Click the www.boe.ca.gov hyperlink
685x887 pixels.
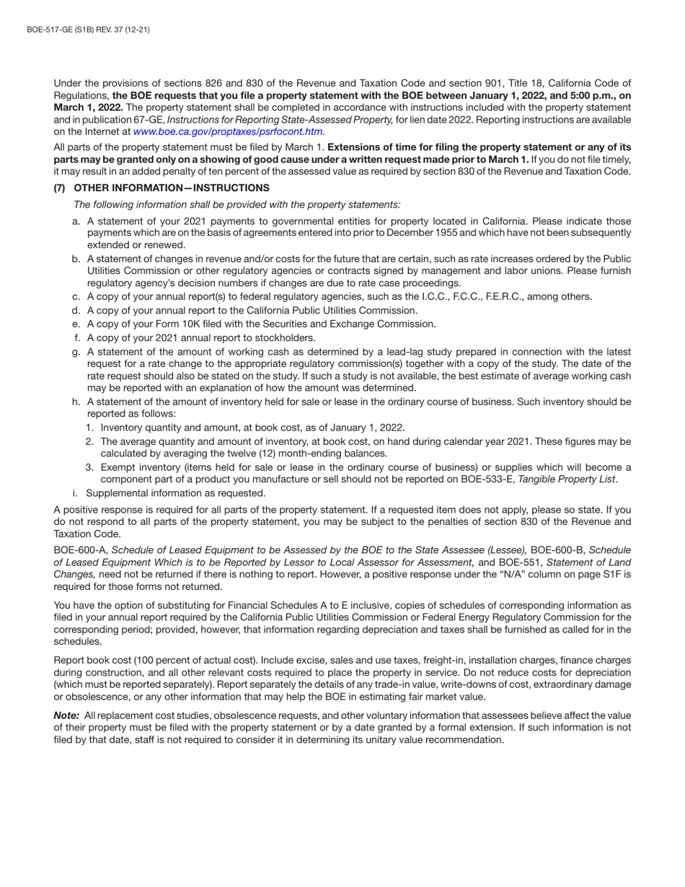point(227,131)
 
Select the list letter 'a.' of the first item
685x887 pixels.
point(76,221)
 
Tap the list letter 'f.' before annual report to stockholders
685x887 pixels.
point(77,337)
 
